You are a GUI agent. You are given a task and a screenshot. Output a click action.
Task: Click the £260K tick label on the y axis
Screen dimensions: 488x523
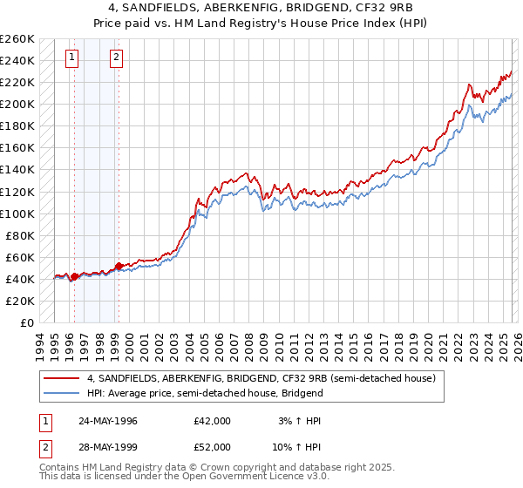coord(17,39)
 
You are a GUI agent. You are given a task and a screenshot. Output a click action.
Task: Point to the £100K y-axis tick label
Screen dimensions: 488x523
coord(17,213)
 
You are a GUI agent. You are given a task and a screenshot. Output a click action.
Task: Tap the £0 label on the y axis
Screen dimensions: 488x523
coord(26,322)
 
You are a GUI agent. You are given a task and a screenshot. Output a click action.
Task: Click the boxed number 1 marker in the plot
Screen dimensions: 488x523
coord(71,58)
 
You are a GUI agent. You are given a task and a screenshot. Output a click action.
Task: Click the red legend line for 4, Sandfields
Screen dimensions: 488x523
coord(62,378)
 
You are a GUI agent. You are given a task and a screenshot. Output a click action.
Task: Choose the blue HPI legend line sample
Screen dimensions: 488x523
coord(62,393)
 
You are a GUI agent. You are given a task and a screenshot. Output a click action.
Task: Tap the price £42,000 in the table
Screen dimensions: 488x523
coord(213,421)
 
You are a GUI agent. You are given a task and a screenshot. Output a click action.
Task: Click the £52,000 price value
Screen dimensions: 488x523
coord(213,449)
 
